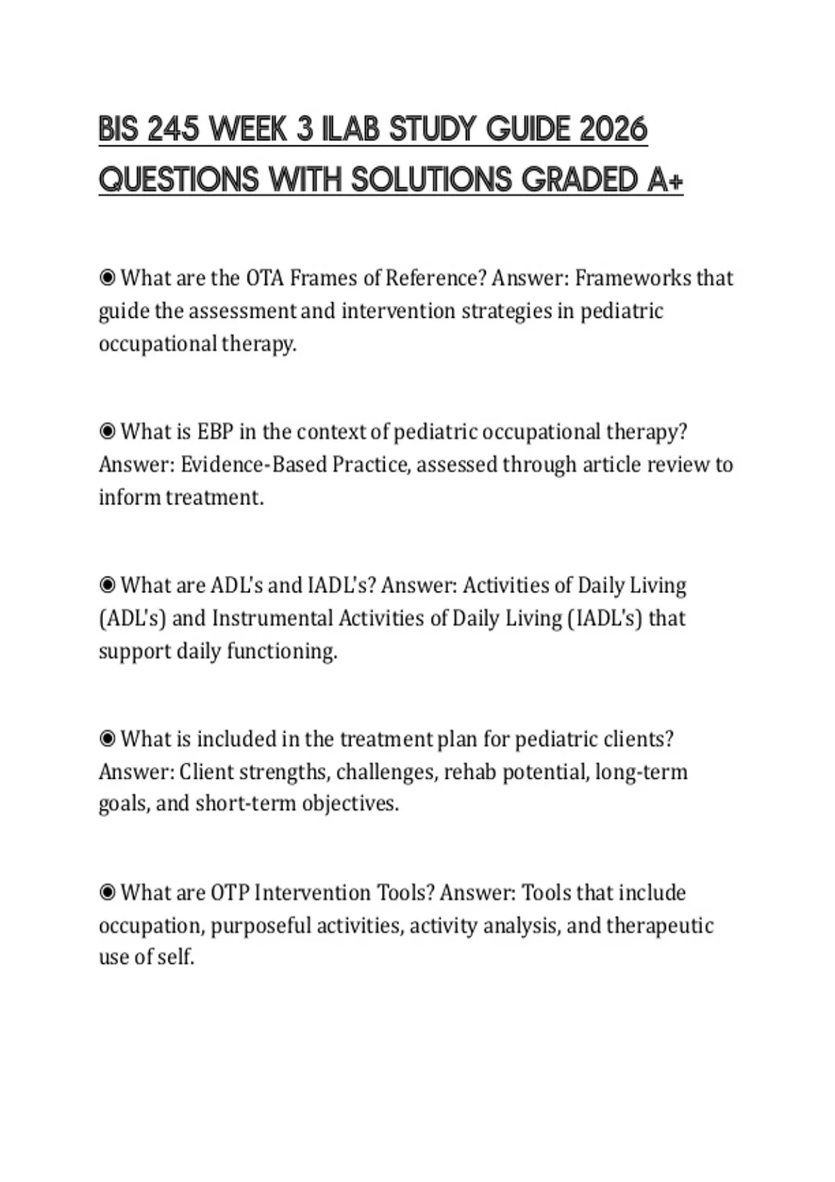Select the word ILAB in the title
[x=349, y=130]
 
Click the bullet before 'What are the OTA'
[x=107, y=278]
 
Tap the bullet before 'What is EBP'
[x=107, y=432]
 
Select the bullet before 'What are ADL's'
[x=107, y=585]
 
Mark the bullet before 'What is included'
[x=107, y=739]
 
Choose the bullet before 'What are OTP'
[x=107, y=893]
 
